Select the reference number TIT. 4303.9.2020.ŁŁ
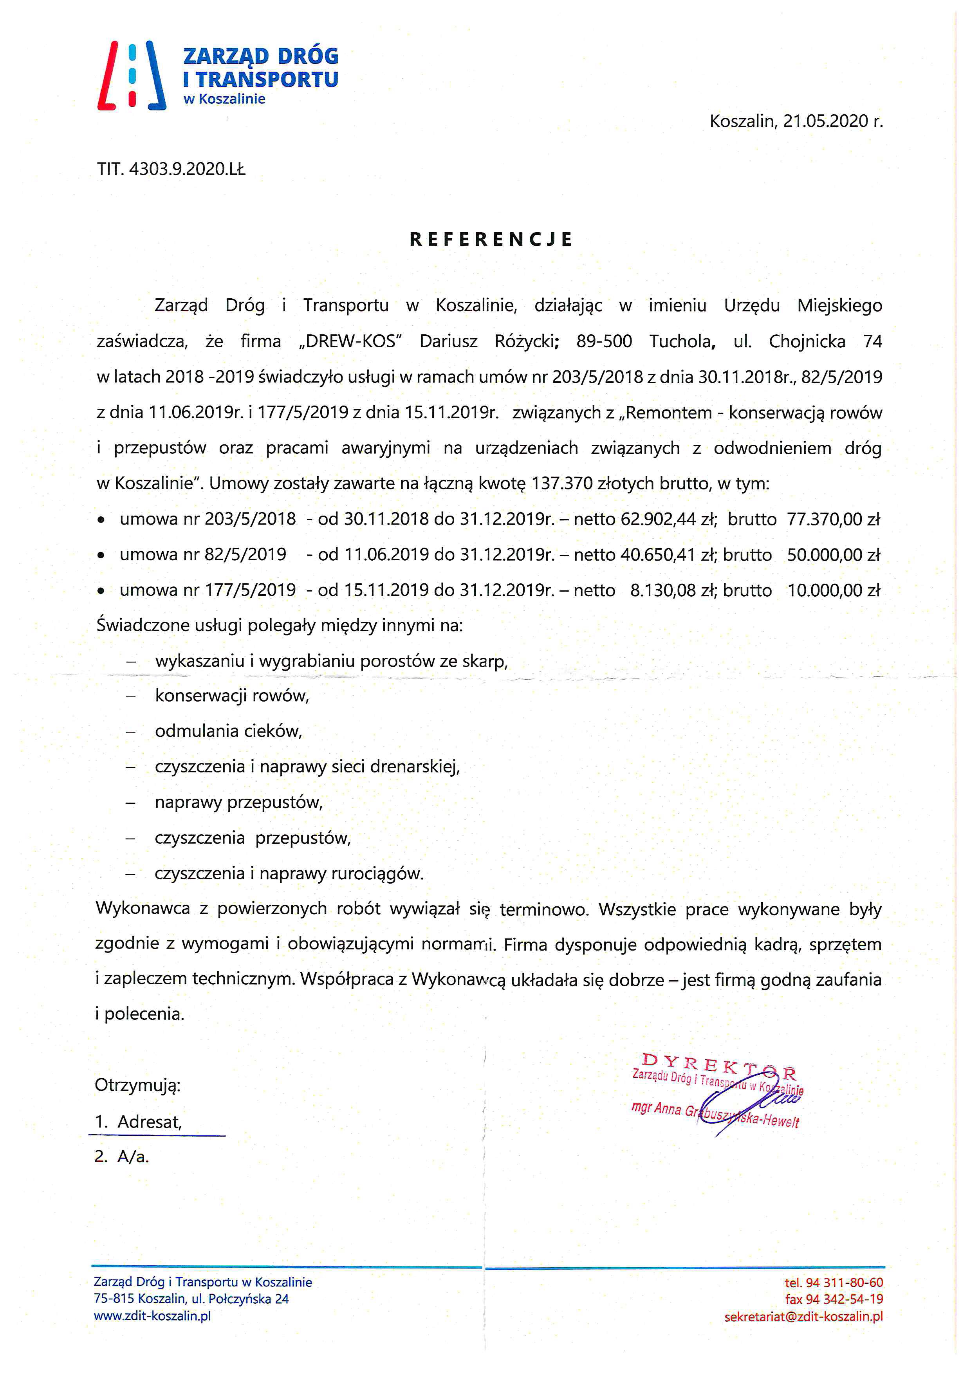coord(171,170)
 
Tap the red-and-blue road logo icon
coord(132,75)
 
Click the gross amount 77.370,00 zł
coord(834,519)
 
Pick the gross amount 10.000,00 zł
coord(834,591)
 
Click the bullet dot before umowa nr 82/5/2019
coord(102,556)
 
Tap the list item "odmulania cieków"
coord(228,731)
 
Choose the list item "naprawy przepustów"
coord(238,803)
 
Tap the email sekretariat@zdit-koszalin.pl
coord(803,1316)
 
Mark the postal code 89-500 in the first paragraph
coord(604,341)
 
